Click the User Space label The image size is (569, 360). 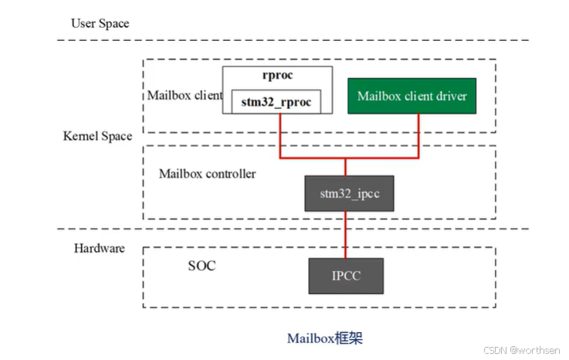coord(100,23)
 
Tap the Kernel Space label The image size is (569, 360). coord(97,136)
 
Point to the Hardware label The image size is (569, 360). coord(99,249)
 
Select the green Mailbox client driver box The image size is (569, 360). coord(412,97)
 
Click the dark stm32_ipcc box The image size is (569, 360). coord(348,192)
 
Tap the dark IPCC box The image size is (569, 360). coord(346,276)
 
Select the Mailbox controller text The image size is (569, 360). coord(207,173)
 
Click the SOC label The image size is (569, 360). coord(202,266)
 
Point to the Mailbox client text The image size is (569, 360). coord(183,97)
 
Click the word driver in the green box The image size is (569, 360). coord(452,97)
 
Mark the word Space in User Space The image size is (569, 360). coord(113,23)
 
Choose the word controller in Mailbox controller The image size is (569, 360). coord(229,173)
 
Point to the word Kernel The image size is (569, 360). coord(80,136)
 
